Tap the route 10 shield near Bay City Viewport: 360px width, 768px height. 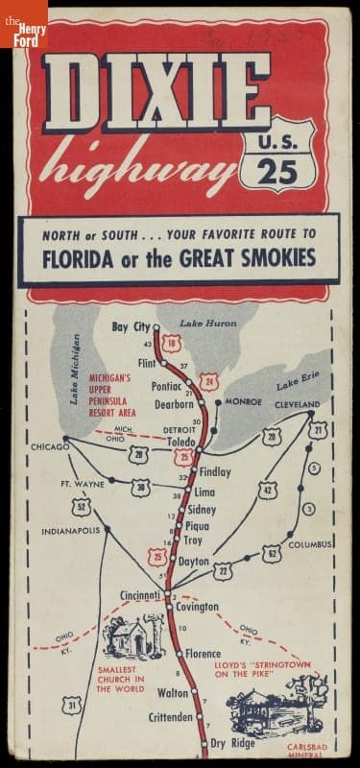point(172,344)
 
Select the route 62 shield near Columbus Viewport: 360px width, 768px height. point(272,553)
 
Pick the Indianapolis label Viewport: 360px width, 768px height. point(70,530)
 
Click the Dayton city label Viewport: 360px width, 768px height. point(194,561)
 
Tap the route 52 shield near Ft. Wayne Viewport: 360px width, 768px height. point(84,506)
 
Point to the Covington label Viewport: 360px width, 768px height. point(196,607)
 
